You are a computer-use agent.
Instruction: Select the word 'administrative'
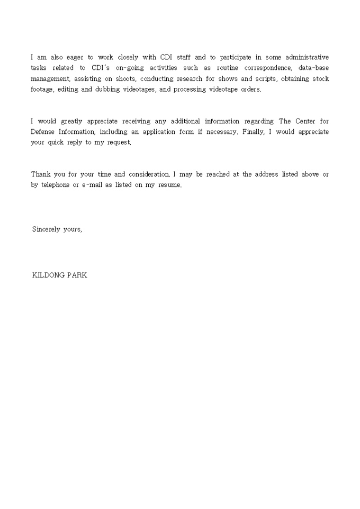[307, 57]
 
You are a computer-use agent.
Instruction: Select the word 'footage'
[42, 89]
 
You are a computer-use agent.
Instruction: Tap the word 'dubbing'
[106, 89]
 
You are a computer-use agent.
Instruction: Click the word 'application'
[159, 132]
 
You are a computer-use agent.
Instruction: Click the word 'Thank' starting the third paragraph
[40, 174]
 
